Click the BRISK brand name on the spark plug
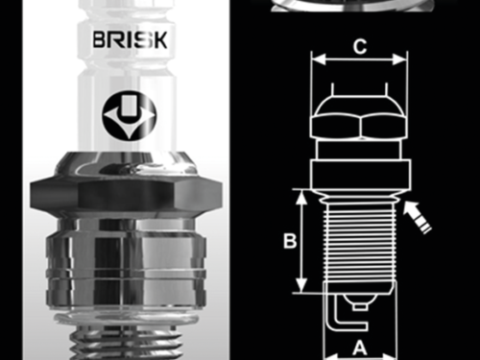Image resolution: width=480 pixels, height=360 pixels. click(130, 39)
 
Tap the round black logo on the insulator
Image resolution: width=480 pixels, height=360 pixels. click(130, 116)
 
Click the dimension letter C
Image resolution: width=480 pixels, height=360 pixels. click(360, 46)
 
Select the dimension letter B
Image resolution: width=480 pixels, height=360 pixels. click(290, 241)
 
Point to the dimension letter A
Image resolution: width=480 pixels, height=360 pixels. click(360, 348)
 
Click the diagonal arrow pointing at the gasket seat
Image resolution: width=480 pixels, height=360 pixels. click(417, 217)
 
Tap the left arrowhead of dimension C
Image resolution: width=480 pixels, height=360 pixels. click(318, 60)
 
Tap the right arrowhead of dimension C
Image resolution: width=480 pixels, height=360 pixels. click(399, 60)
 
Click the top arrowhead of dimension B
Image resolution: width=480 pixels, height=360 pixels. click(300, 197)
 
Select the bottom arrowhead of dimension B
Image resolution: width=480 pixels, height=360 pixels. click(300, 285)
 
